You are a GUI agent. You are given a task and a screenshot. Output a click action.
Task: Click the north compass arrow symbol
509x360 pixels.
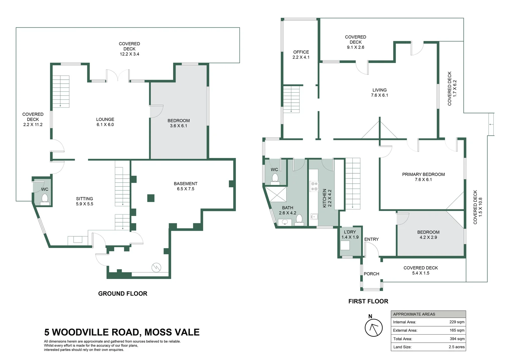click(x=373, y=327)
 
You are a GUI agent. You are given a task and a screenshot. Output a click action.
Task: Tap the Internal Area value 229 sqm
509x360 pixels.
click(x=457, y=322)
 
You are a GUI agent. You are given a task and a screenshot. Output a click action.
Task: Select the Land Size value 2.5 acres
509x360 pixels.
click(x=456, y=347)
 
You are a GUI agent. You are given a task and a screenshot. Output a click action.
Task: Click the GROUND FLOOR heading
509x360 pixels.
click(x=123, y=294)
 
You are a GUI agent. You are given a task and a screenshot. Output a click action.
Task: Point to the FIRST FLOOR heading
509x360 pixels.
click(x=368, y=301)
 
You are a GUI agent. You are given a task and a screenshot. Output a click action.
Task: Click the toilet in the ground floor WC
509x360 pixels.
click(x=45, y=199)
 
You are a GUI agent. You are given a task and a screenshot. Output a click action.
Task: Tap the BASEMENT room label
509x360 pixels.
click(x=186, y=184)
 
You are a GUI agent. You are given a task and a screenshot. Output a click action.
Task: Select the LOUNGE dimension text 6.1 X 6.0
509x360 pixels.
click(x=105, y=125)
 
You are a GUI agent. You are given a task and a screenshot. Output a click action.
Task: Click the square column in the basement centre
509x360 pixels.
click(x=151, y=198)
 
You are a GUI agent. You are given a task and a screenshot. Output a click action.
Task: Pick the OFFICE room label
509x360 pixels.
click(x=301, y=52)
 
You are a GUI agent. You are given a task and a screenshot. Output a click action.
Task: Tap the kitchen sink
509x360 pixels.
click(x=314, y=217)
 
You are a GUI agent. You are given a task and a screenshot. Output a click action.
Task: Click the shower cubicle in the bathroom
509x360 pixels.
click(x=275, y=194)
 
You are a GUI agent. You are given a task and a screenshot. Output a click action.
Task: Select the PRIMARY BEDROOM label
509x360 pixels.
click(x=423, y=174)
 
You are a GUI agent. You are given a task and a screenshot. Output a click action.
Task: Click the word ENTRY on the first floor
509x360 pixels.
click(x=371, y=239)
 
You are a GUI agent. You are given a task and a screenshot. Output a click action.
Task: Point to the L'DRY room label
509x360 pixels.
click(x=350, y=232)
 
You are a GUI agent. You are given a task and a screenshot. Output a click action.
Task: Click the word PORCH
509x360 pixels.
click(x=371, y=274)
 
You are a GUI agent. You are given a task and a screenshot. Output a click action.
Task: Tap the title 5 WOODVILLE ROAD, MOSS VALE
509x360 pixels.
click(x=122, y=332)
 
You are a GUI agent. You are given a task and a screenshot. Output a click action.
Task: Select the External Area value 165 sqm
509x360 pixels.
click(x=457, y=330)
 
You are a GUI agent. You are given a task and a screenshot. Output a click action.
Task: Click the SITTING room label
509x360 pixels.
click(x=84, y=199)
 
